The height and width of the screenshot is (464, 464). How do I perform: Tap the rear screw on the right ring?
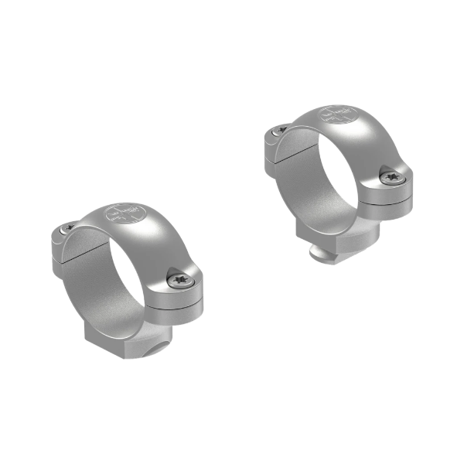[x=280, y=131]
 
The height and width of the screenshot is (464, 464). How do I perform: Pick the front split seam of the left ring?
[x=175, y=303]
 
